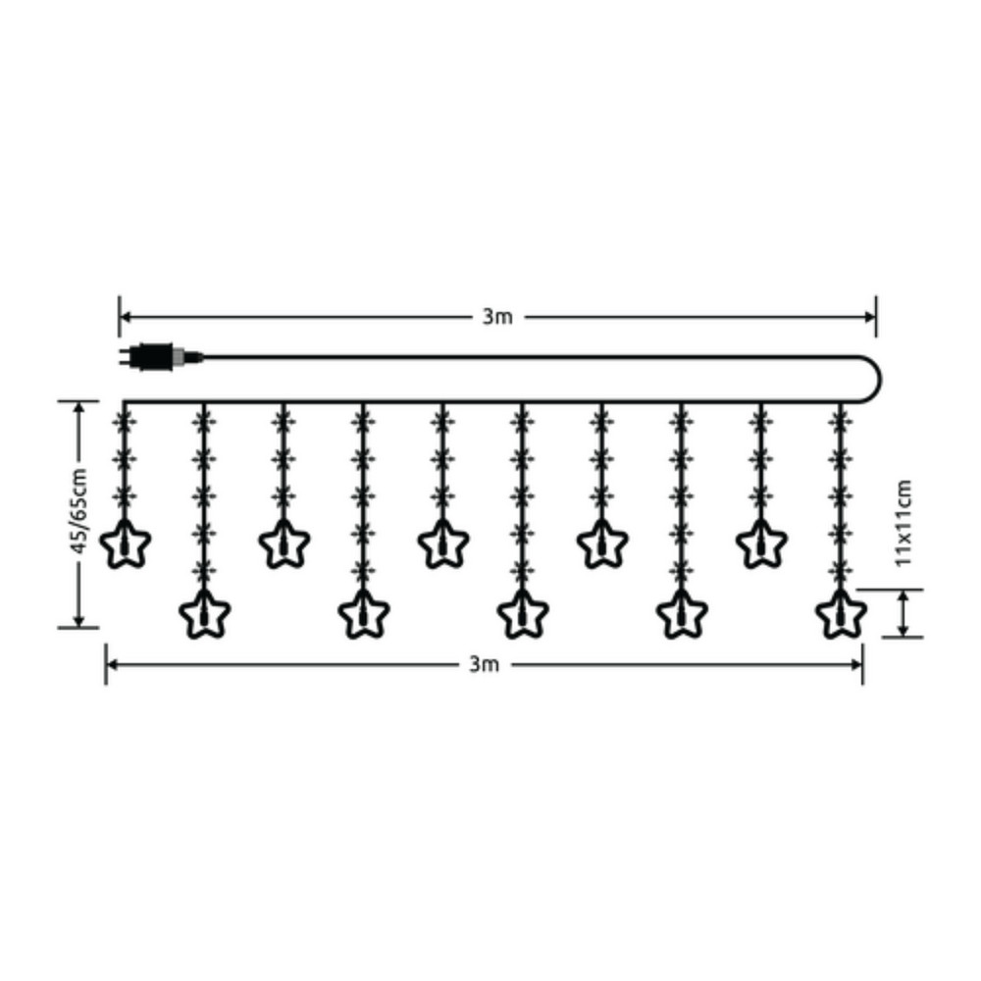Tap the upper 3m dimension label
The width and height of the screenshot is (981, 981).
pyautogui.click(x=496, y=317)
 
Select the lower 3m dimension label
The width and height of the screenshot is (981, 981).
pyautogui.click(x=485, y=664)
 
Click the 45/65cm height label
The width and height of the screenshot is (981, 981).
pyautogui.click(x=78, y=511)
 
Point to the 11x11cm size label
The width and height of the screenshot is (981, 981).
pyautogui.click(x=903, y=523)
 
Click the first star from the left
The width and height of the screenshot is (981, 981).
pyautogui.click(x=126, y=543)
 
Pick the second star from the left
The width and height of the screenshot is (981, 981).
pyautogui.click(x=205, y=614)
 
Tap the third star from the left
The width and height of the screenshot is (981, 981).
pyautogui.click(x=284, y=543)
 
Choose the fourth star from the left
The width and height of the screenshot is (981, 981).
pyautogui.click(x=364, y=614)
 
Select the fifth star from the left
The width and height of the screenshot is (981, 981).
pyautogui.click(x=443, y=543)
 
